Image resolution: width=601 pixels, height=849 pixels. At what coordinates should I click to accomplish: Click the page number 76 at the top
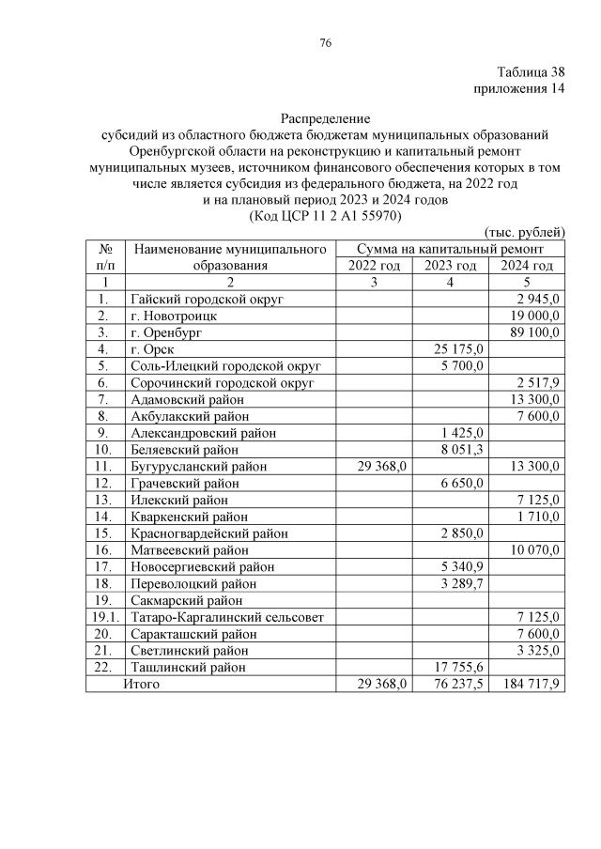(x=325, y=43)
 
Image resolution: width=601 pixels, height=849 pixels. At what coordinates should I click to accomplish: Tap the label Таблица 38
(x=531, y=72)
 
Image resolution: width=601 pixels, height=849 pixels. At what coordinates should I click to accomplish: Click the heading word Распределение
(x=326, y=118)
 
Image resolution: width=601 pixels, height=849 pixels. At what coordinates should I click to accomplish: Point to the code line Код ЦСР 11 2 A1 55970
(x=325, y=215)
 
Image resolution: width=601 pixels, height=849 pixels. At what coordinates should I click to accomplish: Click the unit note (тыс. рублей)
(x=523, y=232)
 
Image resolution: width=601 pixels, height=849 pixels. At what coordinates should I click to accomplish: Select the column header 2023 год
(x=451, y=265)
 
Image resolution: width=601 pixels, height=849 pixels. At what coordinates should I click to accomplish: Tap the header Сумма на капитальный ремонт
(x=450, y=249)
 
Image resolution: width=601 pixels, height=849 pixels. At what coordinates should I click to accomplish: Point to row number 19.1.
(x=106, y=617)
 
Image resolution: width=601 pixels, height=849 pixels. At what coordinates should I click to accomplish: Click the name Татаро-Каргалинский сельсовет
(x=223, y=617)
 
